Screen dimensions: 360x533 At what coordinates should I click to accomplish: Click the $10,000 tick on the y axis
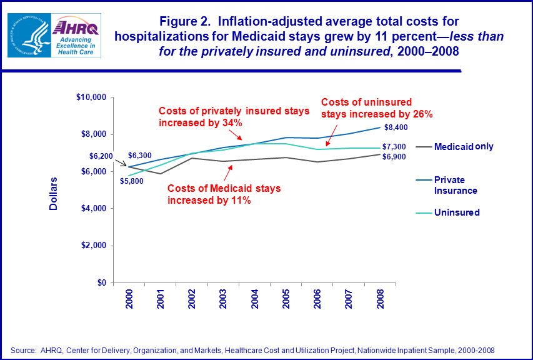pos(91,97)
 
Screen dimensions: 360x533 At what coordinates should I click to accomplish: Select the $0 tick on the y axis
pos(101,283)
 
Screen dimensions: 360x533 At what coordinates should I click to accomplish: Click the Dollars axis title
pos(54,194)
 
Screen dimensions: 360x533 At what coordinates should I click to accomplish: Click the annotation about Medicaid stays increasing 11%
pos(223,194)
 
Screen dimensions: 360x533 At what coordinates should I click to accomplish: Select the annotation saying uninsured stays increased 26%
pos(376,108)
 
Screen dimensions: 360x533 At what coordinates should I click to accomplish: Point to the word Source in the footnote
pos(24,350)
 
